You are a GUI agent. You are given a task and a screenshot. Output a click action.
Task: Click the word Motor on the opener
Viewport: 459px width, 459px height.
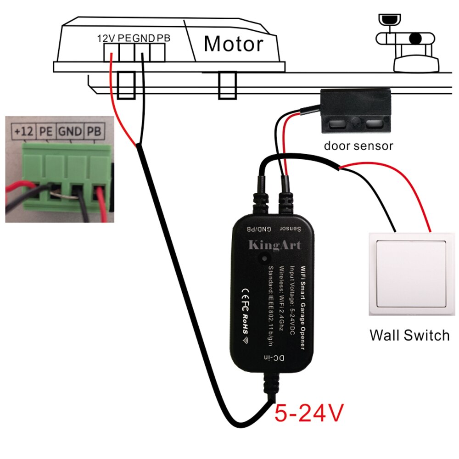234,44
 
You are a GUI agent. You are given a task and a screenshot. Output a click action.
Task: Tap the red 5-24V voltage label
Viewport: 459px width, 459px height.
309,412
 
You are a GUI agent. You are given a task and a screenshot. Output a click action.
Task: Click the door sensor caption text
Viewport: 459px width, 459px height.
358,146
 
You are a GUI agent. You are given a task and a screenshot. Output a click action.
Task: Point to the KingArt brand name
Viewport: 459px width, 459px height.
274,245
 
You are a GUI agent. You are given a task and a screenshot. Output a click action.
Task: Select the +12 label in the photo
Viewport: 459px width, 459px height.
23,132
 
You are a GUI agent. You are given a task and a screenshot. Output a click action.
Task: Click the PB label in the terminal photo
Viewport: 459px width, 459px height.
95,132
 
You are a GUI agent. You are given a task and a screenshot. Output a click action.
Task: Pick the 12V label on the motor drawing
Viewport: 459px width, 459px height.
106,38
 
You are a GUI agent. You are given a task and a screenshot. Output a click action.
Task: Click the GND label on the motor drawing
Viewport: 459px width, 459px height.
144,38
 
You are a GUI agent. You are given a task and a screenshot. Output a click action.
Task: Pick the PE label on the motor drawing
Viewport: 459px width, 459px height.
124,38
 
